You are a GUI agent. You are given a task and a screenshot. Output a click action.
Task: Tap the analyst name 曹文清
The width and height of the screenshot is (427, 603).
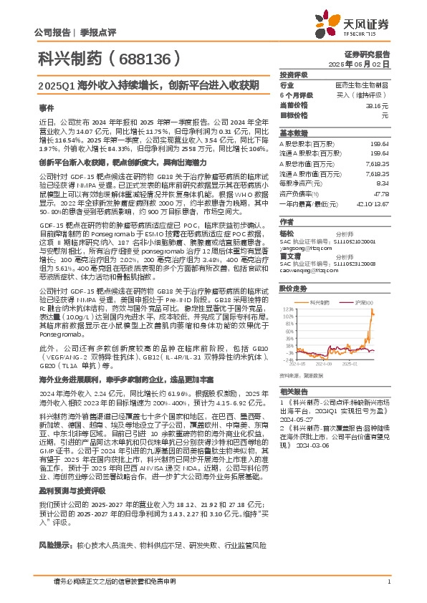(289, 254)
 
